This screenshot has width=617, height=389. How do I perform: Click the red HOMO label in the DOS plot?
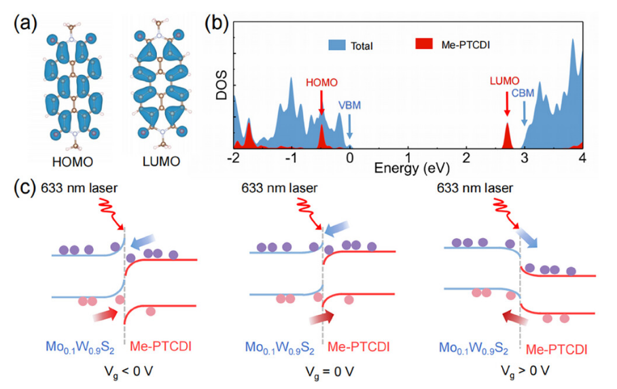tap(321, 81)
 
